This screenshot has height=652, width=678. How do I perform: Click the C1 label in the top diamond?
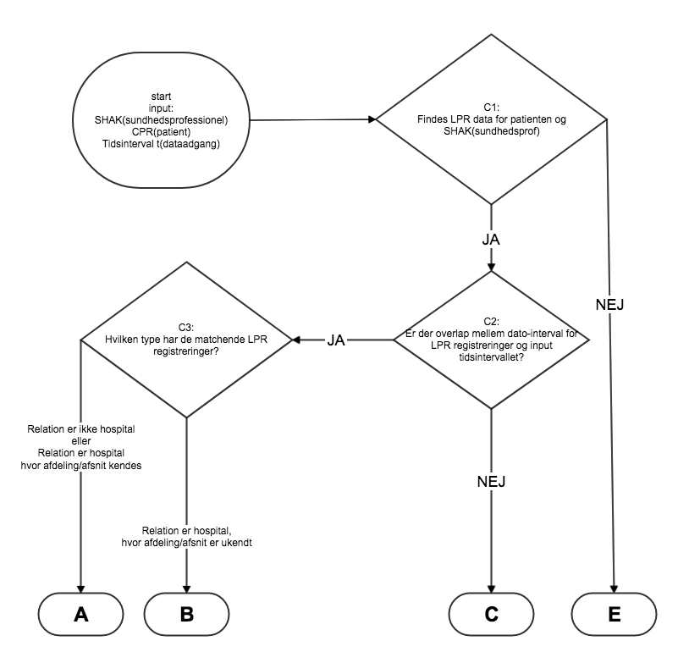point(491,107)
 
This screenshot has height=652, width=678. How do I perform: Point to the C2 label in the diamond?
point(492,321)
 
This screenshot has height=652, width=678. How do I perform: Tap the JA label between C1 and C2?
point(491,240)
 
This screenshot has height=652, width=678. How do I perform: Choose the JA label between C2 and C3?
point(336,340)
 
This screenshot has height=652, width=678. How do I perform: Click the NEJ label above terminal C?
point(491,482)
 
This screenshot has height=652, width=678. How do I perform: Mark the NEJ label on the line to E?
point(609,304)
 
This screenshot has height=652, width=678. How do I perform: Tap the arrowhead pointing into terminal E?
point(615,587)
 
